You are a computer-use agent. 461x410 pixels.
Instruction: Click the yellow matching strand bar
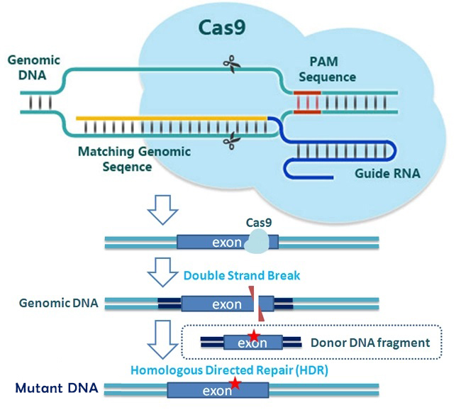[x=170, y=117]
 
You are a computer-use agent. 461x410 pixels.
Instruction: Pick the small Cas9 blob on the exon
[x=257, y=243]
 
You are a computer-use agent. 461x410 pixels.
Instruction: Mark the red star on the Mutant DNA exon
[x=235, y=384]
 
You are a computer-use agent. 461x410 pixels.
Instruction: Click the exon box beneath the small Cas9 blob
[x=213, y=243]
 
